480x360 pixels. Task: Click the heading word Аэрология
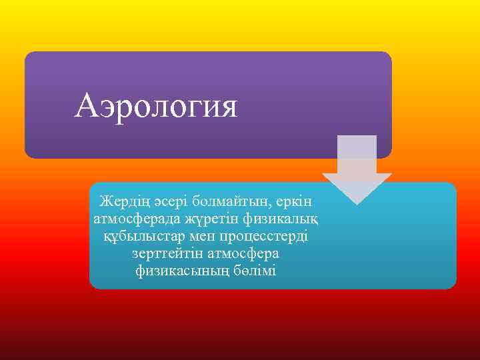tap(156, 105)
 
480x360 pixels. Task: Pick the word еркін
tap(293, 200)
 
